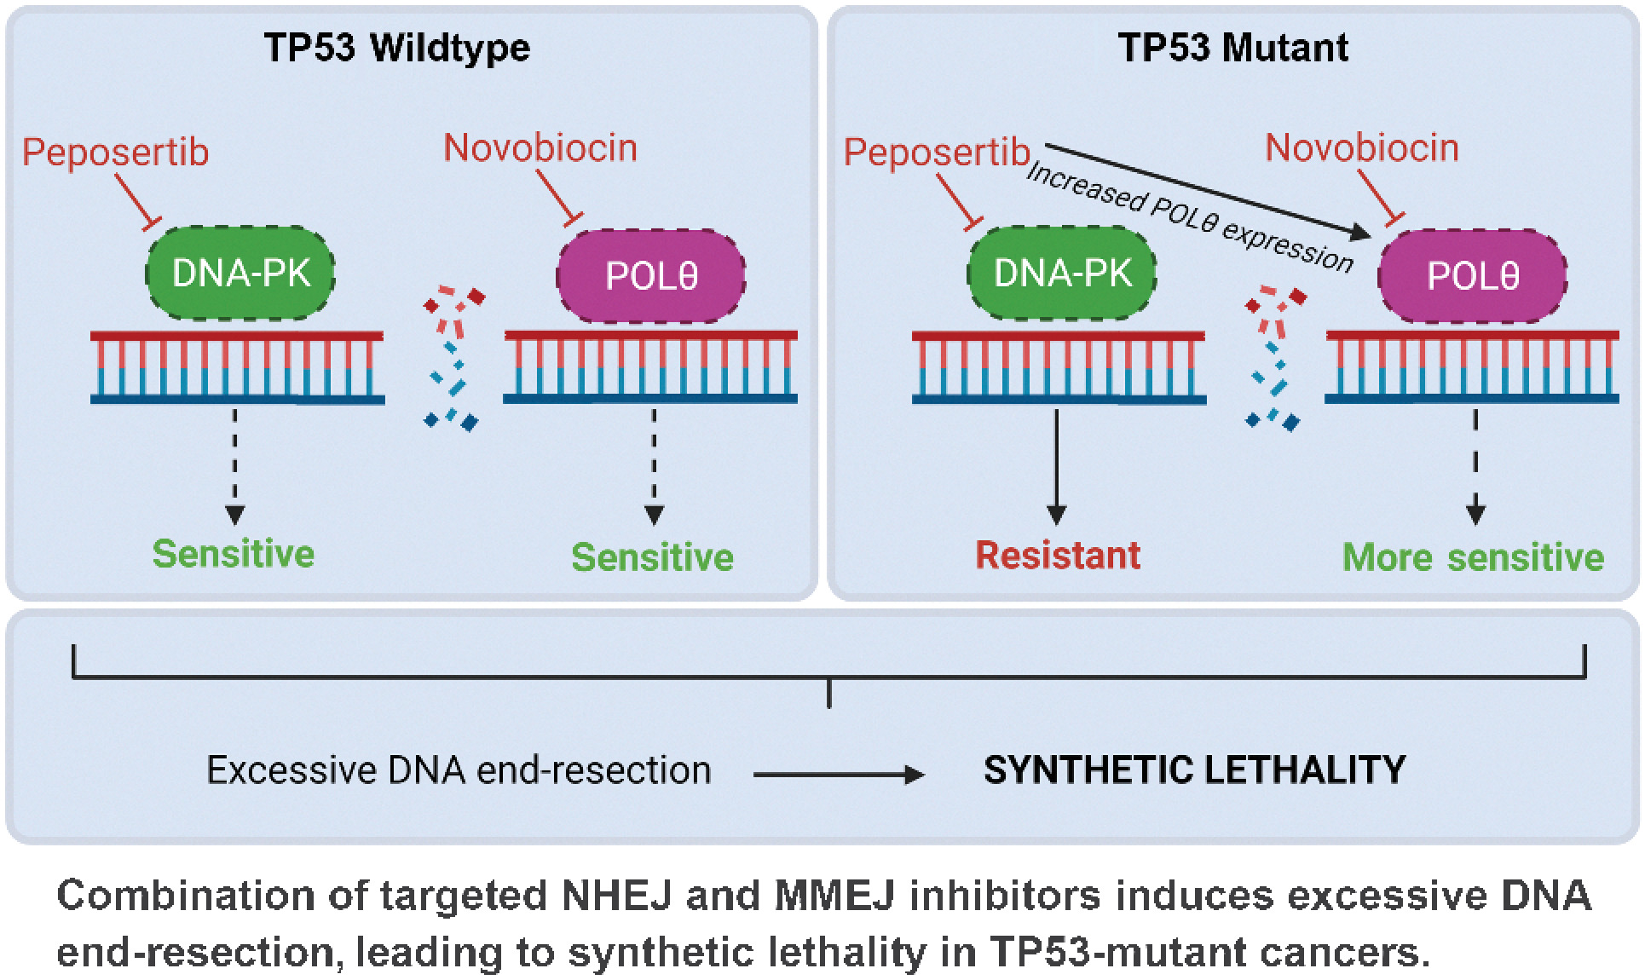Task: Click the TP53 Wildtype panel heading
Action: coord(396,47)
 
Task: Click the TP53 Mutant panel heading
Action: coord(1232,47)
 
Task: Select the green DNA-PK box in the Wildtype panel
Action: coord(240,274)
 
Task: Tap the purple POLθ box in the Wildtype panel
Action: coord(651,276)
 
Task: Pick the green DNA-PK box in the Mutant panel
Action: coord(1062,274)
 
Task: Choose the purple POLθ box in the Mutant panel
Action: coord(1473,276)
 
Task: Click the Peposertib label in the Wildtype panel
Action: coord(115,153)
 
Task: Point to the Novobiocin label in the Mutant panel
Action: coord(1361,148)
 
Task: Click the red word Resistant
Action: coord(1057,556)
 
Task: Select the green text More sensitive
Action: coord(1473,557)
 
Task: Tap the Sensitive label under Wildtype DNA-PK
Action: coord(234,554)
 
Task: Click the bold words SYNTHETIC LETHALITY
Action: coord(1194,770)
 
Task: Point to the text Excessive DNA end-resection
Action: coord(459,770)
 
